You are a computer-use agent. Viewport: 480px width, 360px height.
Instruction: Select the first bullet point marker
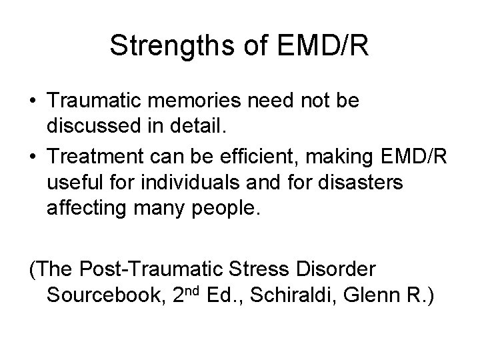pos(33,102)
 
